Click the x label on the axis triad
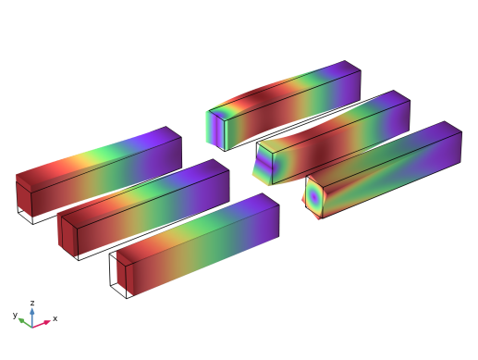click(x=55, y=318)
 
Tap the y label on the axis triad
click(x=15, y=315)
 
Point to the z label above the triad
click(x=32, y=303)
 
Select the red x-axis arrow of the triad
click(x=42, y=324)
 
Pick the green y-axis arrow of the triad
click(x=25, y=322)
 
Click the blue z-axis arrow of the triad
click(x=32, y=317)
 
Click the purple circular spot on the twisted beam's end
click(x=313, y=196)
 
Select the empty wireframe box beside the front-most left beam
click(x=118, y=275)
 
